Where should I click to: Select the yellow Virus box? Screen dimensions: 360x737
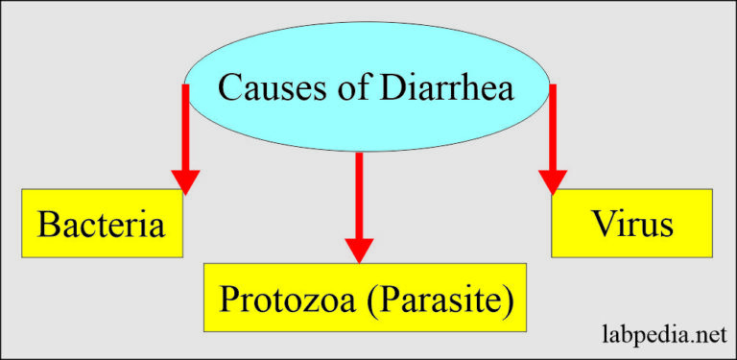[631, 223]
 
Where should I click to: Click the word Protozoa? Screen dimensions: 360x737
[289, 300]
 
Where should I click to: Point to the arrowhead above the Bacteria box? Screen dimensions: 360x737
[185, 180]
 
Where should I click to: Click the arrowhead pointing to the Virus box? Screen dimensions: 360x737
[553, 180]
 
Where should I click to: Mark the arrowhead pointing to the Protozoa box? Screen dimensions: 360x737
[359, 250]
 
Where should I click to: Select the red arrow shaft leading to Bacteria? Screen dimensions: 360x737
[185, 125]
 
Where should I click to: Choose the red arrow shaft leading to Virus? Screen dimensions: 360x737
[553, 125]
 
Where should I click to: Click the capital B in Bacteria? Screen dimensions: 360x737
[49, 225]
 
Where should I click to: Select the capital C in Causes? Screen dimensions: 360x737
[229, 87]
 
